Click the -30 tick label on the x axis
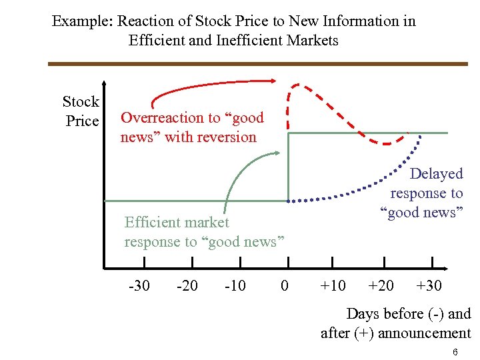click(139, 286)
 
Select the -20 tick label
click(187, 286)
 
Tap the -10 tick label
click(235, 286)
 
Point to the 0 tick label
click(285, 286)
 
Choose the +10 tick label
click(333, 286)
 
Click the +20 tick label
click(381, 286)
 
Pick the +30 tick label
click(429, 286)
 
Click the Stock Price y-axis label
click(81, 111)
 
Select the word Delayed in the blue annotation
click(436, 174)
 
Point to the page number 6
click(455, 351)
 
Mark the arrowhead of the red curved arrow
click(273, 81)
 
